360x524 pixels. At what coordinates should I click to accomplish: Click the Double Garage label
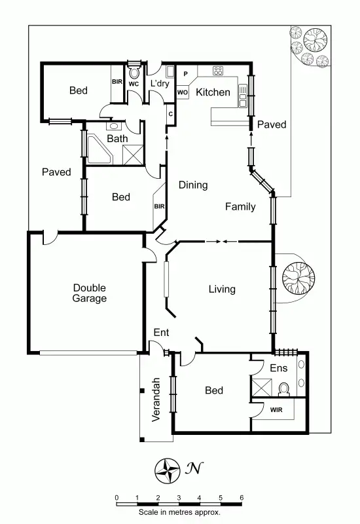(x=90, y=293)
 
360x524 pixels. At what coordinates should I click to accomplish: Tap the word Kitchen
(x=213, y=92)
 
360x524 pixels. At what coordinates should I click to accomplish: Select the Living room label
(x=222, y=289)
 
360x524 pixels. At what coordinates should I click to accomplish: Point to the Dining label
(x=193, y=185)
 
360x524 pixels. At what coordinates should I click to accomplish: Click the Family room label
(x=240, y=207)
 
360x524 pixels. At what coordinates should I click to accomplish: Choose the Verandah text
(x=156, y=400)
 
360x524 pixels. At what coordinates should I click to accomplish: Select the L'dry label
(x=160, y=84)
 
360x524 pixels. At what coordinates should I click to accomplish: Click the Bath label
(x=118, y=139)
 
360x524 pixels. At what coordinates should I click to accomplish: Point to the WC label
(x=134, y=84)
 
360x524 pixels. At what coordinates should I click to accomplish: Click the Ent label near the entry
(x=161, y=333)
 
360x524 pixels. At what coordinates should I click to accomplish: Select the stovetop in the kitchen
(x=218, y=71)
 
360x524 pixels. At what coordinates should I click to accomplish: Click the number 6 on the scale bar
(x=242, y=498)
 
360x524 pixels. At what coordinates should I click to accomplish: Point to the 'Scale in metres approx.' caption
(x=179, y=512)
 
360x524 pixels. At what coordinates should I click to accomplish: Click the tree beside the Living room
(x=298, y=277)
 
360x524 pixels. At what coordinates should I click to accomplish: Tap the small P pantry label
(x=185, y=74)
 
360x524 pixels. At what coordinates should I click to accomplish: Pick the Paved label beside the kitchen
(x=271, y=124)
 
